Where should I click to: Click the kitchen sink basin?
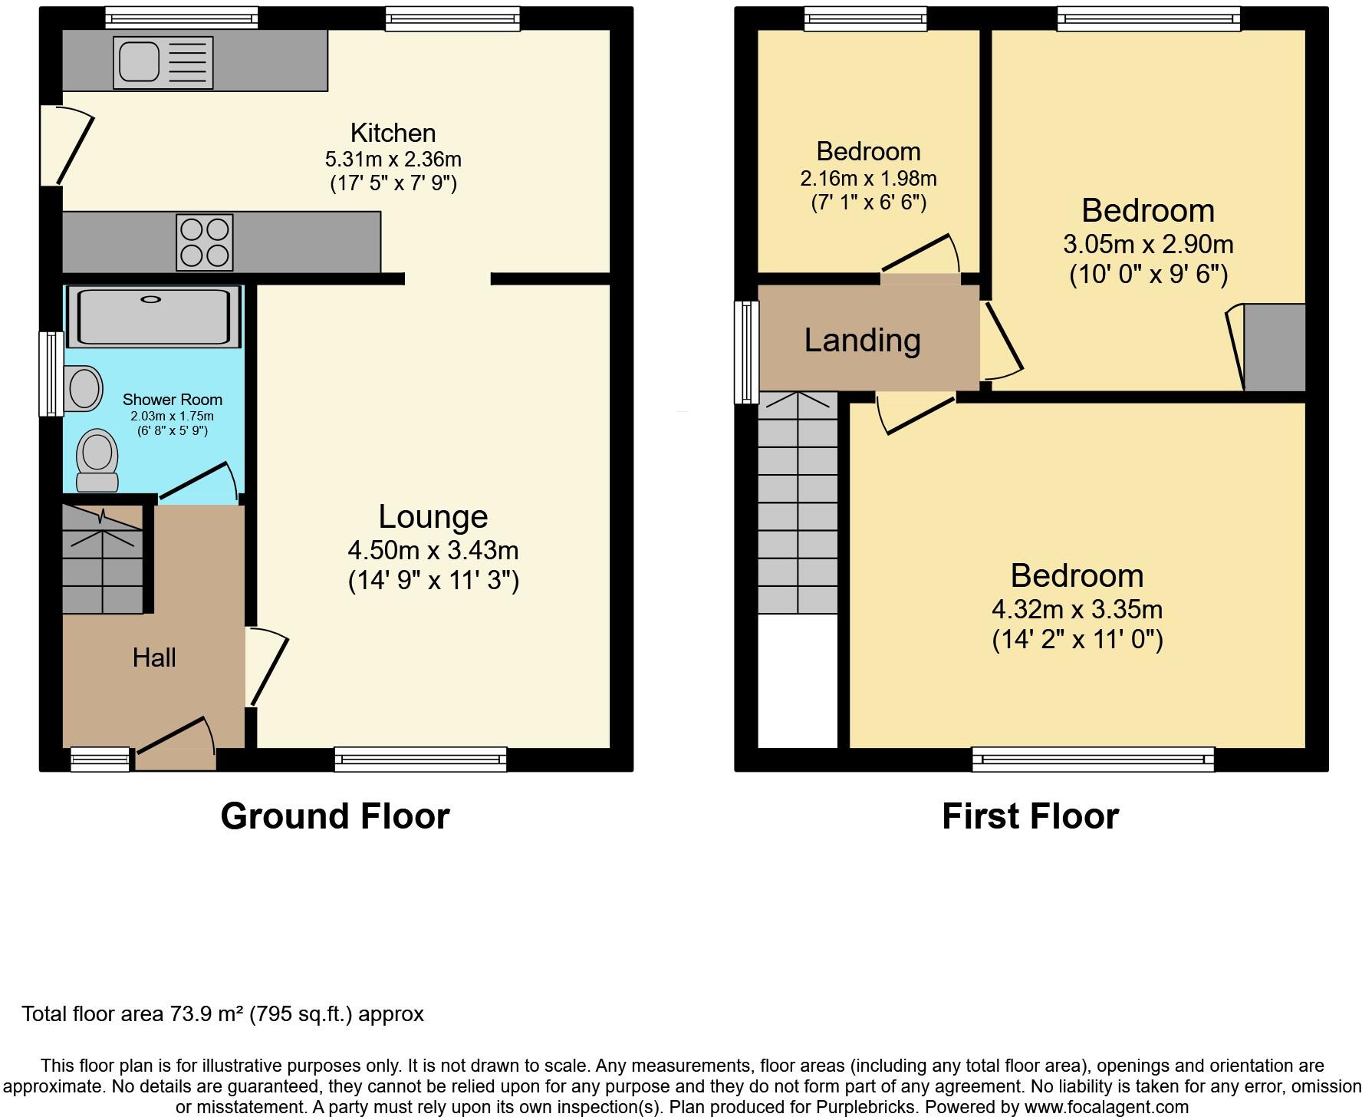click(138, 61)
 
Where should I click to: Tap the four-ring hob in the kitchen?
click(204, 242)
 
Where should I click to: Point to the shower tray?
click(153, 316)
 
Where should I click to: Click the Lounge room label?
click(433, 517)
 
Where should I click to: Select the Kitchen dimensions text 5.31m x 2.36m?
click(393, 160)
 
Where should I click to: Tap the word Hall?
click(154, 658)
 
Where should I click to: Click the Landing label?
click(862, 340)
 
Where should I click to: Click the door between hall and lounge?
click(267, 666)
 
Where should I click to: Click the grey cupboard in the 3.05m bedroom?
click(1274, 348)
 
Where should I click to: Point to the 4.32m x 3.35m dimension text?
click(1077, 610)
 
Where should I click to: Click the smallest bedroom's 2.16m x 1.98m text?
click(868, 179)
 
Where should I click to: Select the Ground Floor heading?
click(335, 816)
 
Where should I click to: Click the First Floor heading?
click(1030, 816)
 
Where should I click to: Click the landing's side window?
click(746, 352)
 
